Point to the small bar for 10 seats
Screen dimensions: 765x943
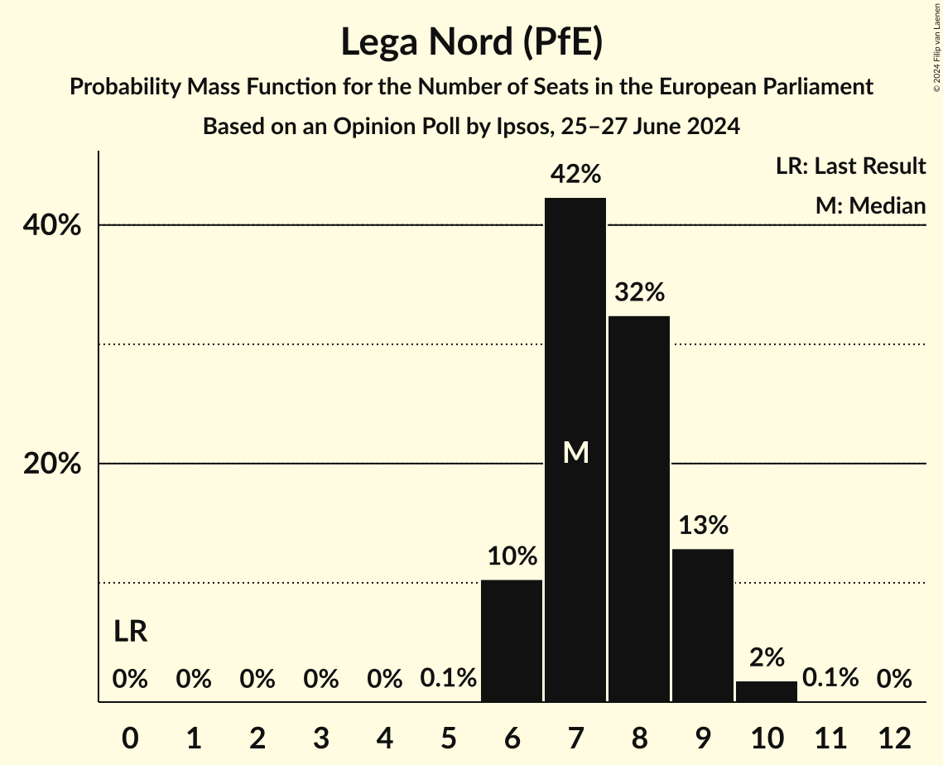[x=767, y=691]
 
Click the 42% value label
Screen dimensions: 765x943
[x=575, y=175]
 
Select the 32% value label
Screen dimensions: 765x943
[x=639, y=292]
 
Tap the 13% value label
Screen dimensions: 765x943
[x=703, y=525]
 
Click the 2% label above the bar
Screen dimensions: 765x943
[x=767, y=657]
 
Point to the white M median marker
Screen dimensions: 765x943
[x=575, y=452]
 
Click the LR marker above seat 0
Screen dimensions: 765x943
[x=130, y=632]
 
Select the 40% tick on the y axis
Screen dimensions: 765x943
[x=52, y=225]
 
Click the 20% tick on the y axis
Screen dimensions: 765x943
[x=52, y=464]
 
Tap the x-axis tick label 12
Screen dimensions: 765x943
[x=894, y=737]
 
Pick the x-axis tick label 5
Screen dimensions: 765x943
[x=448, y=737]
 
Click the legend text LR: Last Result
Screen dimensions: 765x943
[x=850, y=166]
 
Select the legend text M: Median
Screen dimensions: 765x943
[x=870, y=205]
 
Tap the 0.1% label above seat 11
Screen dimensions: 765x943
[x=830, y=679]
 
